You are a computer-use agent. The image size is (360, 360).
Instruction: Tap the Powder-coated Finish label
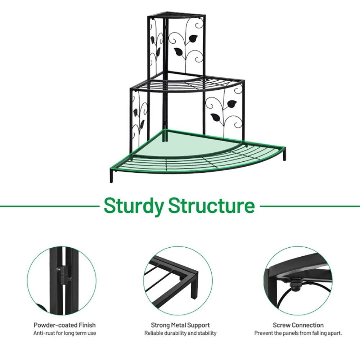coord(65,325)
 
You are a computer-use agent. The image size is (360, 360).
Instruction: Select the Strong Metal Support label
coord(180,325)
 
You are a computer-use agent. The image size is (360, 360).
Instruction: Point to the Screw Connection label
coord(298,325)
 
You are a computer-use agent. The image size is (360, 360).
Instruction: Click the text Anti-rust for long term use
coord(65,333)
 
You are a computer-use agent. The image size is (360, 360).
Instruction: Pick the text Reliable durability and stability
coord(180,333)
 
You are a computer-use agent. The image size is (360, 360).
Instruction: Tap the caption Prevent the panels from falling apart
coord(298,333)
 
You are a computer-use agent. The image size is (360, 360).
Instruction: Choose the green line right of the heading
coord(310,206)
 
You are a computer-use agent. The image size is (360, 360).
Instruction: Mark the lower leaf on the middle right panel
coord(216,117)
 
